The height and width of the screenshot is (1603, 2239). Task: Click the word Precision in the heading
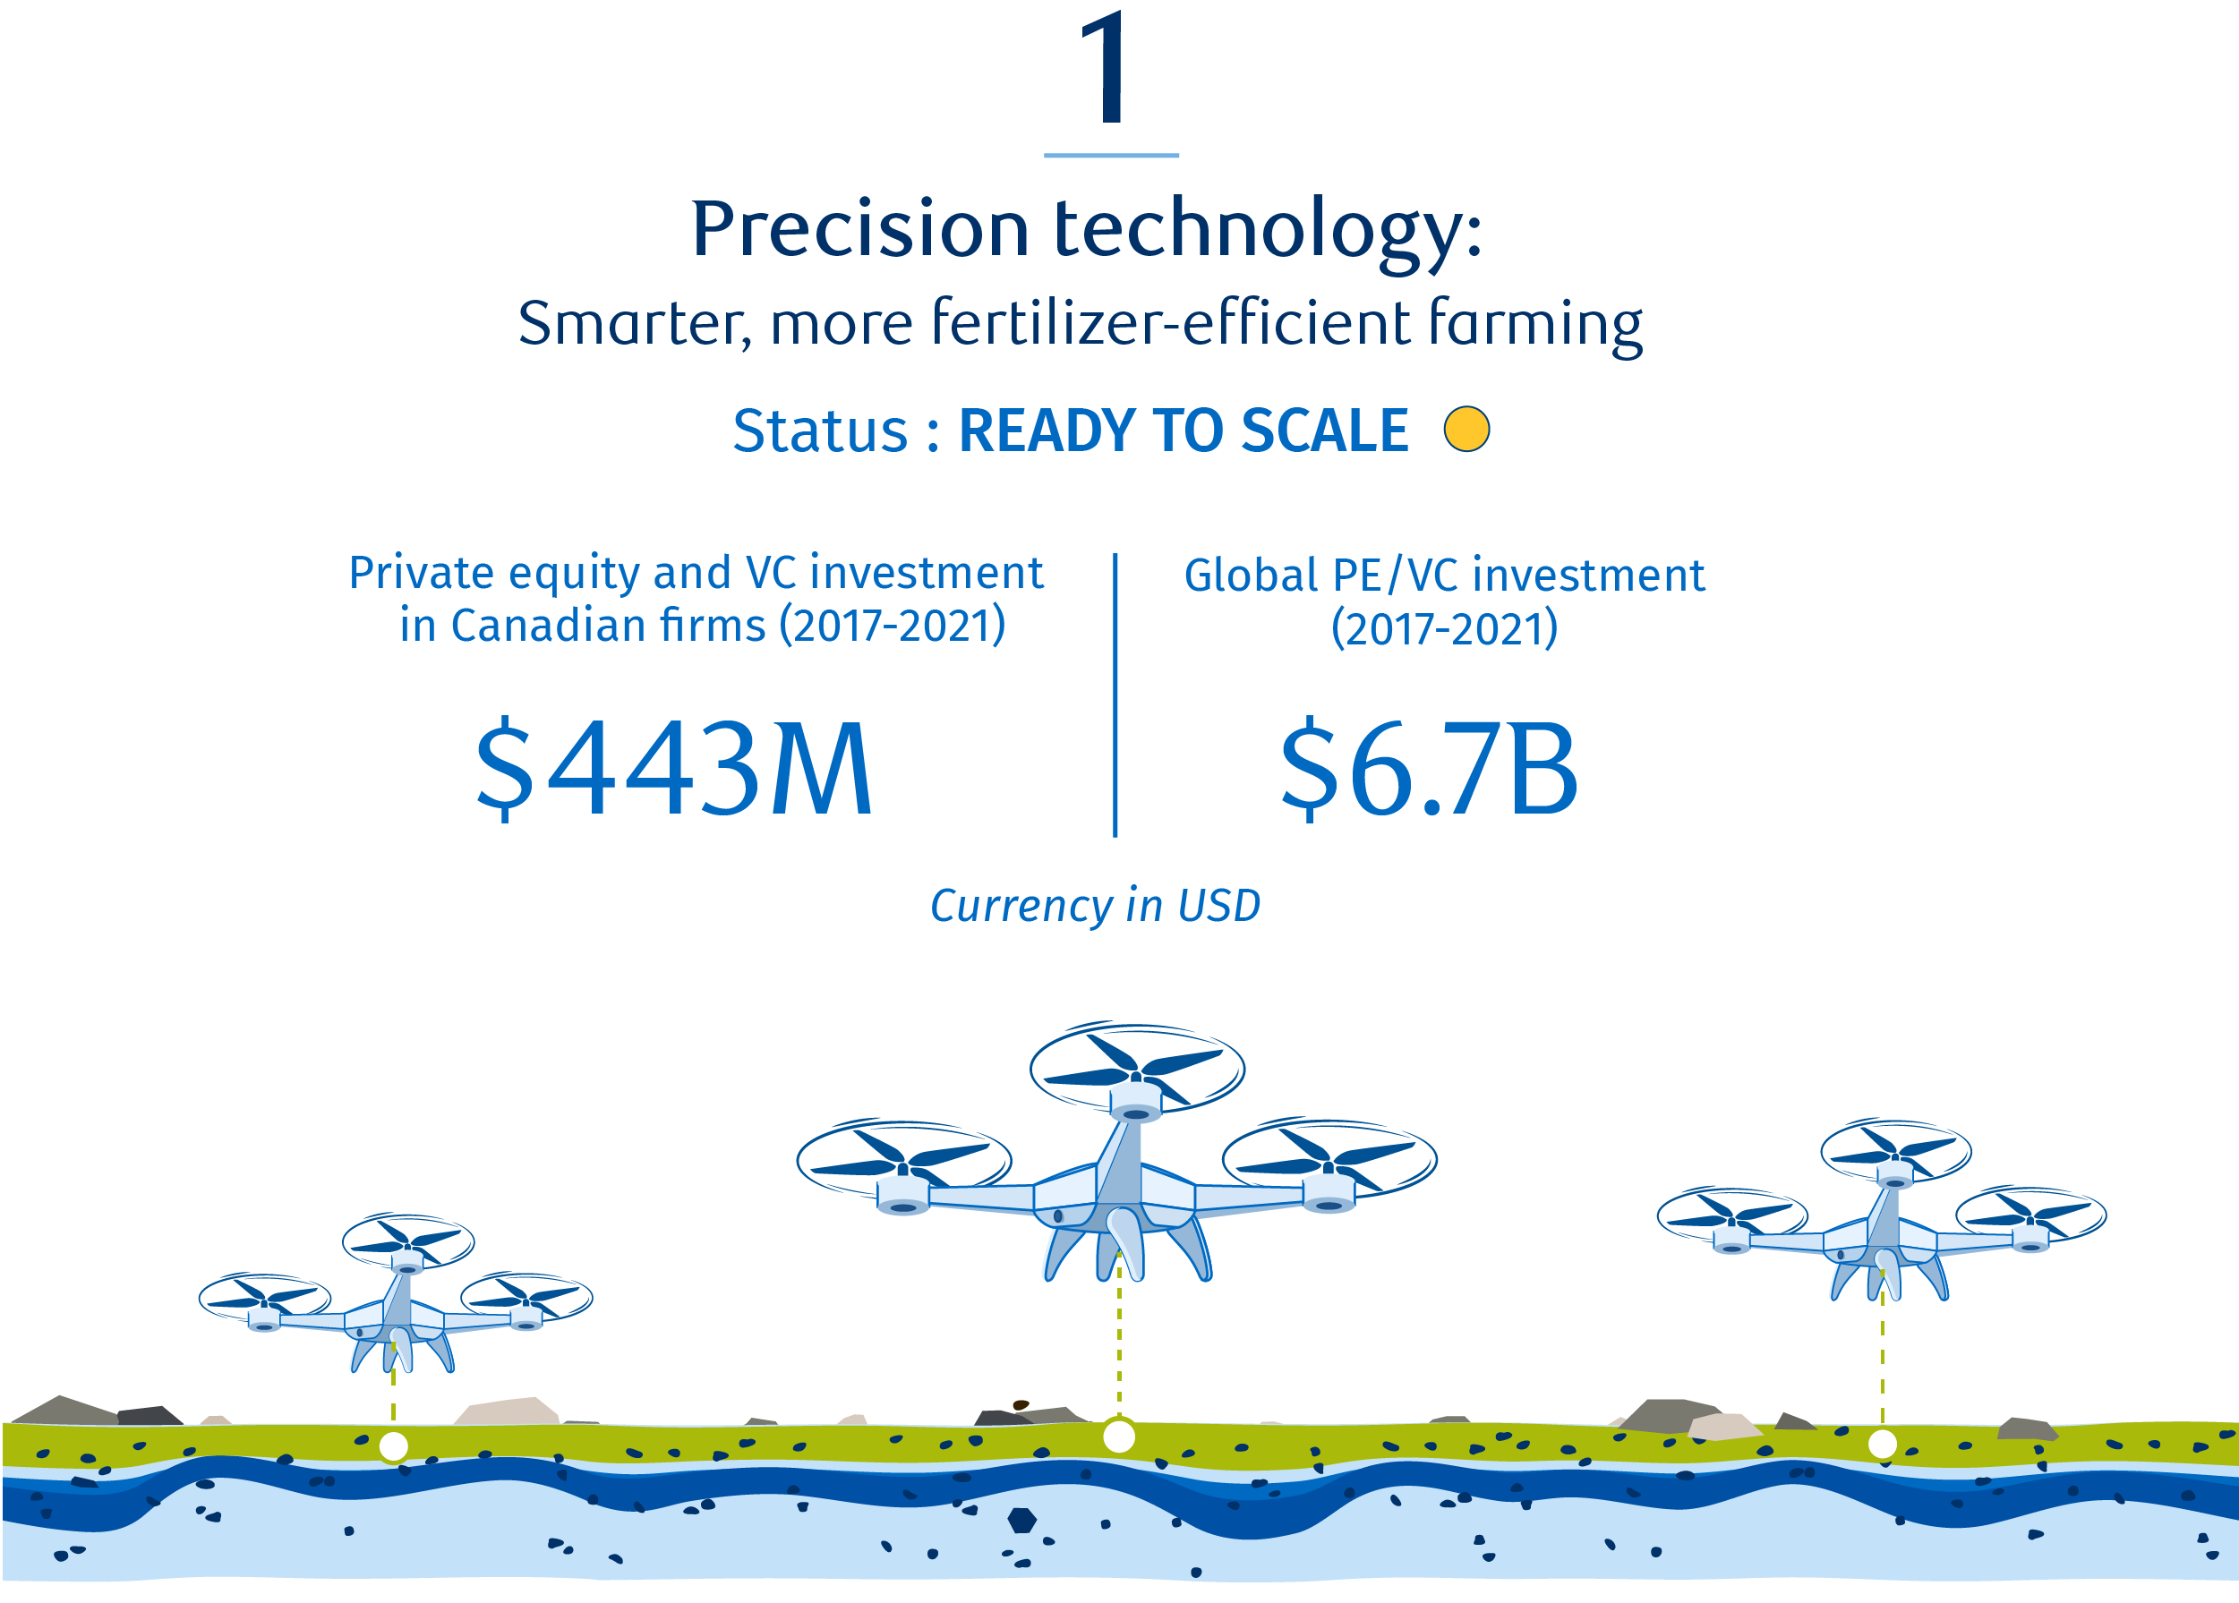[x=859, y=229]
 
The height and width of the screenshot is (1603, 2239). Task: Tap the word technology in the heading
[x=1269, y=233]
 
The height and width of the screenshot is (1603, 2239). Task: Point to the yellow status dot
[x=1466, y=430]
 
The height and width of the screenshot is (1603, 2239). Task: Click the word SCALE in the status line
[x=1325, y=431]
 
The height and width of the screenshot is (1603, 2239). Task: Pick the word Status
[x=819, y=431]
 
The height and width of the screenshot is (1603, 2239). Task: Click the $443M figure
[x=674, y=768]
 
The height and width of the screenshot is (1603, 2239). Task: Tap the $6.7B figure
[x=1429, y=769]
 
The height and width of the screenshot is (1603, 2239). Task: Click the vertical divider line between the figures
[x=1115, y=695]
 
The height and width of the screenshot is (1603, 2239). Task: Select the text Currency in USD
[x=1095, y=906]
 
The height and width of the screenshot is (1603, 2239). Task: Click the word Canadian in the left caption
[x=608, y=626]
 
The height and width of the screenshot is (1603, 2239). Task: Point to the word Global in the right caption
[x=1251, y=576]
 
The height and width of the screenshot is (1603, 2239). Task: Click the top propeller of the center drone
[x=1137, y=1068]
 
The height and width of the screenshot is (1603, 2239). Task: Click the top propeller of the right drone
[x=1895, y=1151]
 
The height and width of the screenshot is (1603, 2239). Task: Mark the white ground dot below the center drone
[x=1118, y=1437]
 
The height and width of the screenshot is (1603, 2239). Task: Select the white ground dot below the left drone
[x=394, y=1447]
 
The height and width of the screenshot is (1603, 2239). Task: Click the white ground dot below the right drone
[x=1883, y=1444]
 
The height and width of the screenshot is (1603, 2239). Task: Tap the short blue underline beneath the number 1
[x=1111, y=155]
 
